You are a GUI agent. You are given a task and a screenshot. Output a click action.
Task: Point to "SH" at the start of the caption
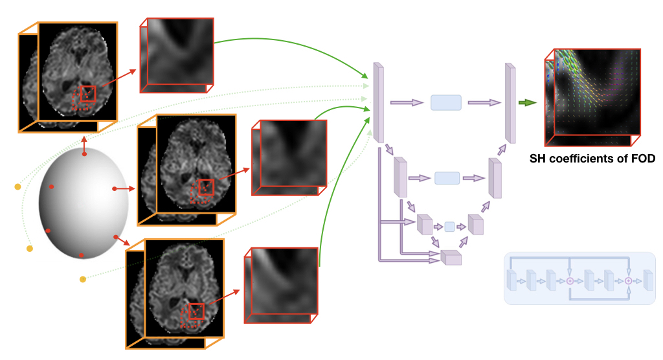point(537,158)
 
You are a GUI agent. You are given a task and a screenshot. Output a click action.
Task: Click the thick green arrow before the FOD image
point(527,102)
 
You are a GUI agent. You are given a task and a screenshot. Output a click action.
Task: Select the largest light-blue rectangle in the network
point(445,102)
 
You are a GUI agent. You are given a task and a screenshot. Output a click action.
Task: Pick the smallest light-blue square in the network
point(449,227)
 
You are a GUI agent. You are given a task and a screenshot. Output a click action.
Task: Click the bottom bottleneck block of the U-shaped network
point(451,258)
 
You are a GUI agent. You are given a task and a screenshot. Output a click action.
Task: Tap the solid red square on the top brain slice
point(88,94)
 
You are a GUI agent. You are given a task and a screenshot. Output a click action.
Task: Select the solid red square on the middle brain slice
point(206,187)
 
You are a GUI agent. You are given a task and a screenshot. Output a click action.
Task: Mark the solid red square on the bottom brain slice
point(196,311)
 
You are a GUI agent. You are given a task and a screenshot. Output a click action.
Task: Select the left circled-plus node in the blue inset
point(570,281)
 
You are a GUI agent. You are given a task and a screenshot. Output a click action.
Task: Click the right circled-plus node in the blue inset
point(627,281)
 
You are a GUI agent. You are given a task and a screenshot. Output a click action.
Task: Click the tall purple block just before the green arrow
point(510,102)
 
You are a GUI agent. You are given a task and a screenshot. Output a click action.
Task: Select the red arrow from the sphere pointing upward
point(84,146)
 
